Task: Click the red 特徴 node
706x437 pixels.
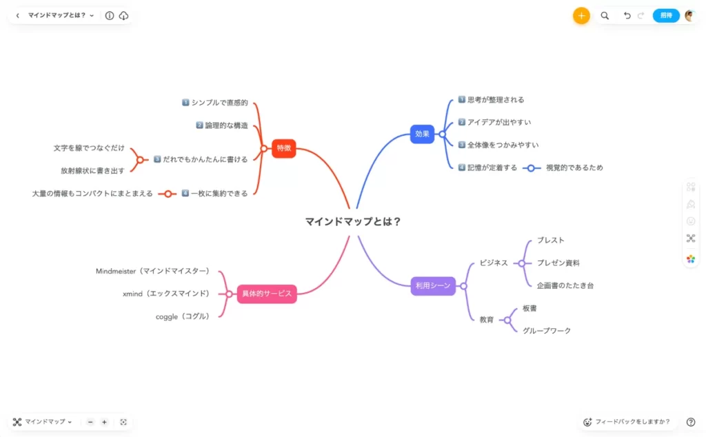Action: [x=283, y=148]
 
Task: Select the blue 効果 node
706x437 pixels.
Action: [x=422, y=134]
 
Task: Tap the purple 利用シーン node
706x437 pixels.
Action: [x=433, y=286]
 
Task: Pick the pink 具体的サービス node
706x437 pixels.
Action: [x=267, y=294]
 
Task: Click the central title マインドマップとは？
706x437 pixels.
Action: [x=353, y=221]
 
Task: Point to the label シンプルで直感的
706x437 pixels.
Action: [x=220, y=103]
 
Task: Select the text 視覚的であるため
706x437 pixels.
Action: [x=574, y=168]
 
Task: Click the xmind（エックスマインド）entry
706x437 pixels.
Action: [x=166, y=294]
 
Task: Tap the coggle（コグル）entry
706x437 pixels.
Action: [x=182, y=317]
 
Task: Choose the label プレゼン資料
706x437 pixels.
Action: [x=558, y=263]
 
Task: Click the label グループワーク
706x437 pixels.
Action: [x=547, y=331]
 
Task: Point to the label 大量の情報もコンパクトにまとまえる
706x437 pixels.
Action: [x=92, y=194]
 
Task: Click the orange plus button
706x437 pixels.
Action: [x=581, y=16]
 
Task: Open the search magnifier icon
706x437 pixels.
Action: [x=605, y=16]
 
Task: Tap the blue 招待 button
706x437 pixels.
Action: [x=666, y=16]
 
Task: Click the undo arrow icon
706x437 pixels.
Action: [x=627, y=16]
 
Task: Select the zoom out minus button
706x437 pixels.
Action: [x=90, y=422]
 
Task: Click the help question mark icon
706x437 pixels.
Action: [x=691, y=422]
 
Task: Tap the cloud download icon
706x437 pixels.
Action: [x=123, y=16]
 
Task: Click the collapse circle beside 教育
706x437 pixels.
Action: [x=507, y=320]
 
